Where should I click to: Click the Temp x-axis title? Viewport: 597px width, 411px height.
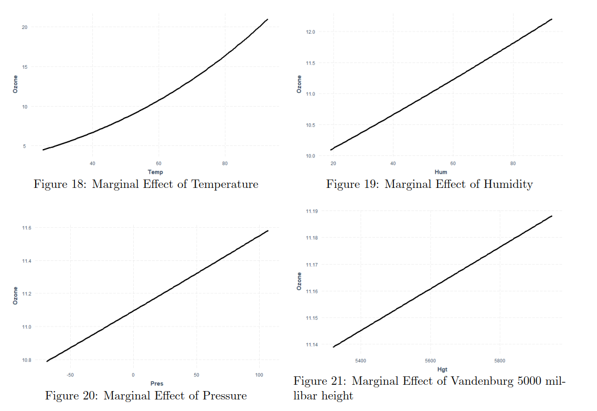click(x=155, y=172)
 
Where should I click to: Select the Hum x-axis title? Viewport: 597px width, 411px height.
click(x=441, y=172)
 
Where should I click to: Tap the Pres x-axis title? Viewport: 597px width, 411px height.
click(x=157, y=384)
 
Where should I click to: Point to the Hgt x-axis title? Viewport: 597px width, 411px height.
click(x=442, y=370)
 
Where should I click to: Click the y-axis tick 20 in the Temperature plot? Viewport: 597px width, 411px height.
click(x=24, y=27)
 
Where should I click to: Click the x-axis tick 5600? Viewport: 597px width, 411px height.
click(x=430, y=361)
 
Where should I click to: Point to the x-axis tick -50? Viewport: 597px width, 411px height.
click(x=70, y=375)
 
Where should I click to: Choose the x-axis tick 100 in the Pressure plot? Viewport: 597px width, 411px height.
click(x=259, y=375)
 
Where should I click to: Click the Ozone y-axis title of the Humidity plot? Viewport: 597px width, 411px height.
click(x=299, y=85)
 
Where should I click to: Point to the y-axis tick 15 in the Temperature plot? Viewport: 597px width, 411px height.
click(x=24, y=67)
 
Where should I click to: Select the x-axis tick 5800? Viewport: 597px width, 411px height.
click(x=499, y=361)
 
